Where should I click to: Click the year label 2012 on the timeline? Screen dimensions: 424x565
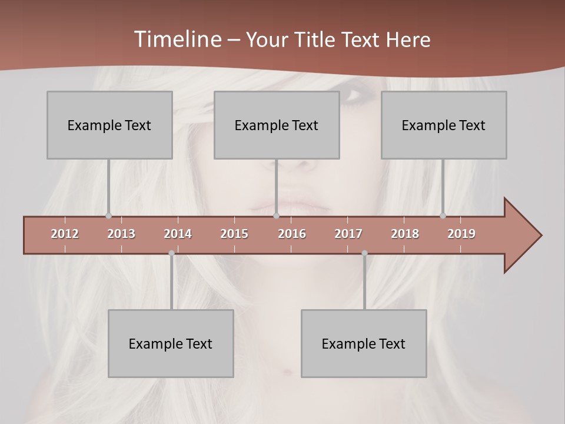click(65, 234)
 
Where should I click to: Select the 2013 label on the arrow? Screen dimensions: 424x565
click(121, 234)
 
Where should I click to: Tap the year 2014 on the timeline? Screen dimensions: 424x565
click(178, 234)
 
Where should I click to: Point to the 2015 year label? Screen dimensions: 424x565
click(234, 234)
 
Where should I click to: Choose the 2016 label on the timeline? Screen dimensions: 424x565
click(292, 234)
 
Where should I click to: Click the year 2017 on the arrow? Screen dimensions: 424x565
click(348, 234)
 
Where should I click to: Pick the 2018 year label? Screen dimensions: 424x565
click(405, 234)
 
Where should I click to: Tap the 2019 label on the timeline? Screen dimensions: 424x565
click(461, 234)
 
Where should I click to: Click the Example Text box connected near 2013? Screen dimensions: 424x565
click(109, 125)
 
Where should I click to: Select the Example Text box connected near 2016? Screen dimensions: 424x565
click(277, 125)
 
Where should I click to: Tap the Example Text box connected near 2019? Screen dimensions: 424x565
click(444, 125)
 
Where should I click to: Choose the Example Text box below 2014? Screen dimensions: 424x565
click(171, 343)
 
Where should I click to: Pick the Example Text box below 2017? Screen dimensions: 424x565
click(364, 343)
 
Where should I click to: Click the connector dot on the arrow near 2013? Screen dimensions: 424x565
click(108, 216)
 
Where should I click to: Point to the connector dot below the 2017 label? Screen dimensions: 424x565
click(364, 253)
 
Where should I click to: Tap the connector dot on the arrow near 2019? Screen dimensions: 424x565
click(443, 216)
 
